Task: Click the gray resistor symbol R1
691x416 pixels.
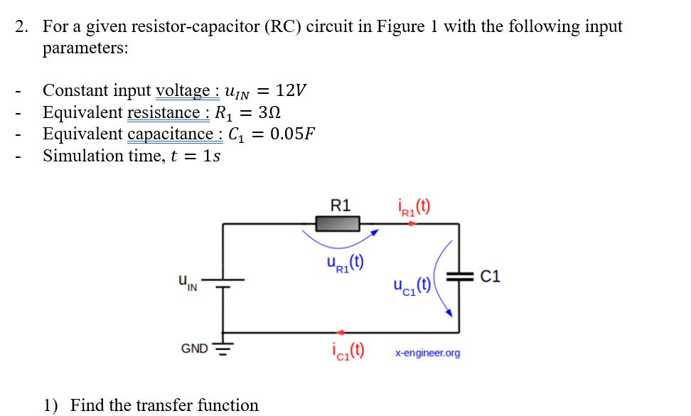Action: pos(338,225)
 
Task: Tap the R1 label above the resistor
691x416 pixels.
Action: pos(341,206)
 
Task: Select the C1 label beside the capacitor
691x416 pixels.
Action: pos(491,277)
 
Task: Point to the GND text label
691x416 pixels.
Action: pos(194,348)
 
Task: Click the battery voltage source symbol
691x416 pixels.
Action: pos(224,283)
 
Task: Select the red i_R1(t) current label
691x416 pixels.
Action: pos(413,207)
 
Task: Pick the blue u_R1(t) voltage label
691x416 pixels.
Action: pos(345,263)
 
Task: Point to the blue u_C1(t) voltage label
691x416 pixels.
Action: pos(412,286)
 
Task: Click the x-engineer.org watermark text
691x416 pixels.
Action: pos(427,353)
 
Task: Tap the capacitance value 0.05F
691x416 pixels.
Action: pos(292,134)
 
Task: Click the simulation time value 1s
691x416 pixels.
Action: pos(211,156)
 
